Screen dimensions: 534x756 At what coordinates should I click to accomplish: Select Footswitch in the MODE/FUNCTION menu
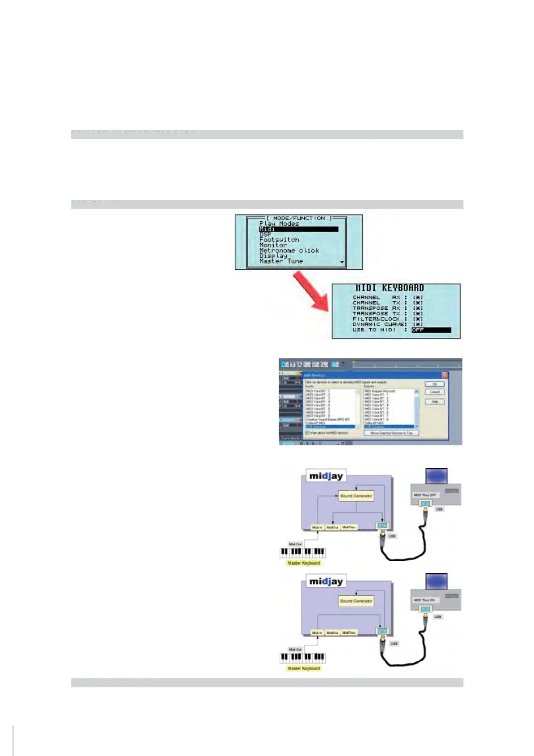pos(279,240)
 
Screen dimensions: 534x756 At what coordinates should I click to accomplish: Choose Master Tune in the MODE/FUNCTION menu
pos(281,261)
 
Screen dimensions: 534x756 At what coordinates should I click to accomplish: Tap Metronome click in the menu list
pos(289,251)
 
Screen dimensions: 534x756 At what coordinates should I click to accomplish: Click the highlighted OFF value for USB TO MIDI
pos(431,330)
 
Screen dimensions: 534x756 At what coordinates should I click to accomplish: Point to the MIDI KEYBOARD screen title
pos(390,288)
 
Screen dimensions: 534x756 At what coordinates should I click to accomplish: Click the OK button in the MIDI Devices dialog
pos(434,384)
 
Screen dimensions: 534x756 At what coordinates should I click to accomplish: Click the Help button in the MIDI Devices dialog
pos(434,401)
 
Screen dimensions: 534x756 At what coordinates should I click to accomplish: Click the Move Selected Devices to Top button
pos(391,433)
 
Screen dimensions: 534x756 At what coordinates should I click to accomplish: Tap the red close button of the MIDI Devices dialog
pos(445,375)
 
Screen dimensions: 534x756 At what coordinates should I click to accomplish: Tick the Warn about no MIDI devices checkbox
pos(307,433)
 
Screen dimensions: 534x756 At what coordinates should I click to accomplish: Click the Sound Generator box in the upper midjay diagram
pos(356,496)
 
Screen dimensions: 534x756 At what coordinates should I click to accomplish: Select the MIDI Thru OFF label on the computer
pos(425,495)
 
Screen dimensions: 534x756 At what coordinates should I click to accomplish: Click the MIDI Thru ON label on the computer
pos(424,600)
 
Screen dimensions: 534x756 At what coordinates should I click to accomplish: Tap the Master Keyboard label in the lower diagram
pos(304,668)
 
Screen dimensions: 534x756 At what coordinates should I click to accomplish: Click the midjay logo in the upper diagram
pos(326,476)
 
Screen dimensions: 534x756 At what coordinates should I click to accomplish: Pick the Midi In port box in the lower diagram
pos(317,633)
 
